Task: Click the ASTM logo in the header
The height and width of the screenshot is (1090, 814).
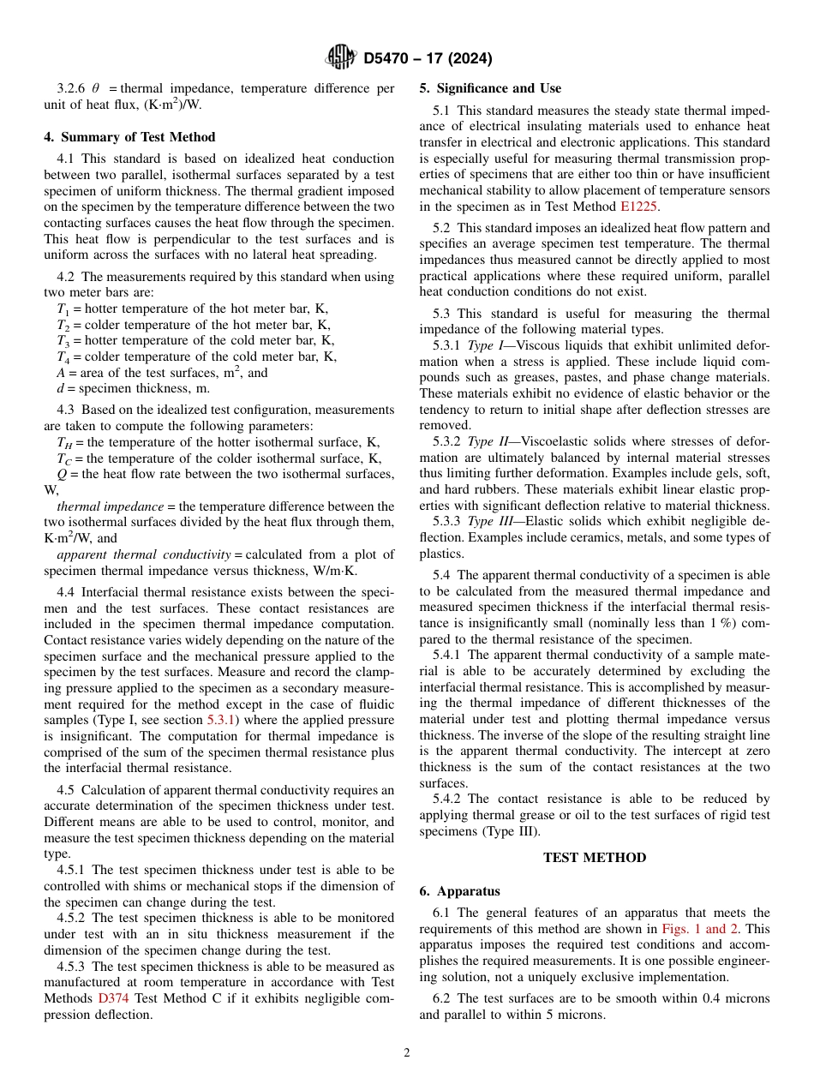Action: pyautogui.click(x=341, y=58)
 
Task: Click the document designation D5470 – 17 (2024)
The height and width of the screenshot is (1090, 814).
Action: pyautogui.click(x=428, y=59)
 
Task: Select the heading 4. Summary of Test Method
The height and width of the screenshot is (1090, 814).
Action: pyautogui.click(x=129, y=137)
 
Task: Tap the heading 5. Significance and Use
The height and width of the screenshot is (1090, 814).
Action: pyautogui.click(x=490, y=88)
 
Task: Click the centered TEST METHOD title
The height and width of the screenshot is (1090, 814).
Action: pyautogui.click(x=595, y=858)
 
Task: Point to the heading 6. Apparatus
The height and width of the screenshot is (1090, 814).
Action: pyautogui.click(x=459, y=891)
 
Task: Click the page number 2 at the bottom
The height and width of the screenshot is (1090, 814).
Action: pyautogui.click(x=407, y=1053)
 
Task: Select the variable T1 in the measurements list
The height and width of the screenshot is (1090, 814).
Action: pyautogui.click(x=63, y=309)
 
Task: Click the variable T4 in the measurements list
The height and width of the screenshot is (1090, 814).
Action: pyautogui.click(x=63, y=357)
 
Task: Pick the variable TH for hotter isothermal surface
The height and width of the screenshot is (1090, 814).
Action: pyautogui.click(x=64, y=442)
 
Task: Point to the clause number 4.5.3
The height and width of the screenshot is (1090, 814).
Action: pyautogui.click(x=73, y=966)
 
